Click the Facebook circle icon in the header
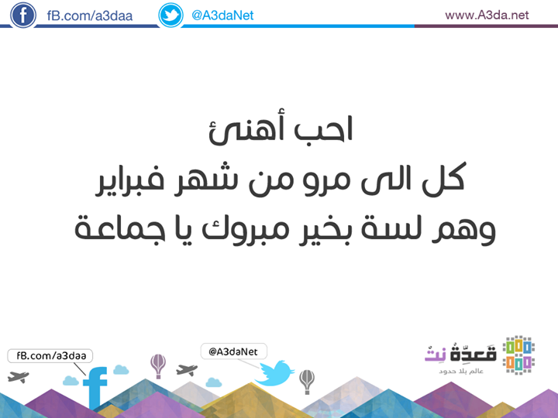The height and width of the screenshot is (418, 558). (x=23, y=15)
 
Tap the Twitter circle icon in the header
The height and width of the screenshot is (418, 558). (x=170, y=15)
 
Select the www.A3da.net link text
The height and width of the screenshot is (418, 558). (x=487, y=15)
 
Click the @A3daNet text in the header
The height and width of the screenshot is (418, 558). (x=222, y=15)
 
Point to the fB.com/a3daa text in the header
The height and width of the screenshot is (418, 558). (x=90, y=16)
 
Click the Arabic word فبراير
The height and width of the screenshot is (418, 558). (x=130, y=180)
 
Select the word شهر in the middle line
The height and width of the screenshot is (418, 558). (x=201, y=178)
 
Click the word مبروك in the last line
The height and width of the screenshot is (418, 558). (x=246, y=229)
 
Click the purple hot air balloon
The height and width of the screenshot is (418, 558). (x=158, y=366)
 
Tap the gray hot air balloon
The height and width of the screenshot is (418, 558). (x=307, y=382)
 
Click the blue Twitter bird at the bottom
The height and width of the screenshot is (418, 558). (x=274, y=373)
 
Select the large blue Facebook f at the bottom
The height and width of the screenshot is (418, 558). (x=95, y=388)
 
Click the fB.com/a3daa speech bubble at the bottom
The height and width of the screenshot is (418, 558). (x=50, y=356)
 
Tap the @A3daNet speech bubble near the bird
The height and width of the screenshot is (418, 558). (x=234, y=351)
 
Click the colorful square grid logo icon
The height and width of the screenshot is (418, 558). (x=518, y=355)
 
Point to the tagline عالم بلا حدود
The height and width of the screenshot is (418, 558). (x=461, y=371)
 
